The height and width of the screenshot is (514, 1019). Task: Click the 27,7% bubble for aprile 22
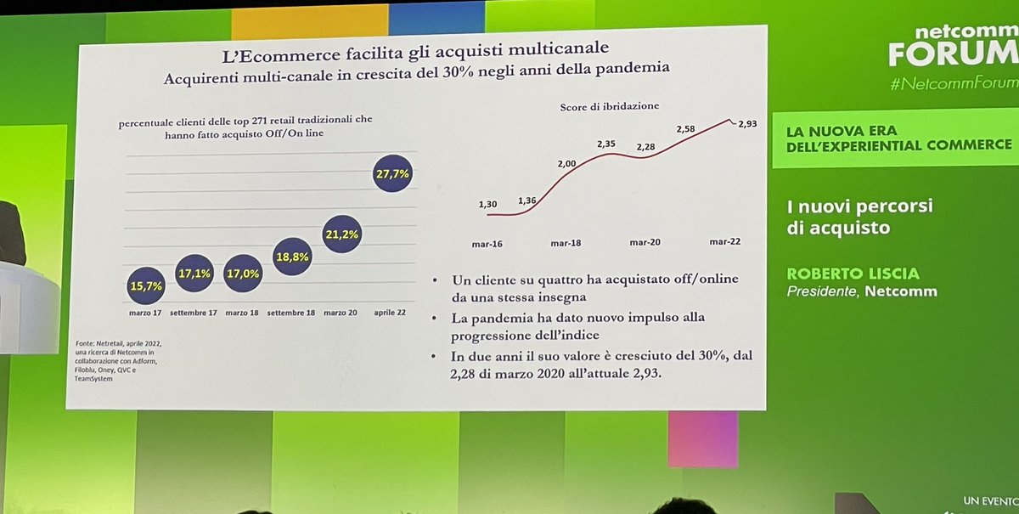(392, 174)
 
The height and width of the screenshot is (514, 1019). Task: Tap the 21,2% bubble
(342, 235)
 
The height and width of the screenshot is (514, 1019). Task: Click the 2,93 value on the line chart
(746, 125)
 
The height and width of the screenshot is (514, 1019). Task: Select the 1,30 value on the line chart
(487, 204)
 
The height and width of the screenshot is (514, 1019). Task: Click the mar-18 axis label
(565, 244)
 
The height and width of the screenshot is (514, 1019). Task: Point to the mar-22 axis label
(724, 241)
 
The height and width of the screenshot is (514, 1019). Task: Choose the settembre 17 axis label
(194, 313)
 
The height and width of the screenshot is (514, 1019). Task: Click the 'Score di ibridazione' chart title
(610, 106)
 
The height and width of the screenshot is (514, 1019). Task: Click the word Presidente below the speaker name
(821, 291)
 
